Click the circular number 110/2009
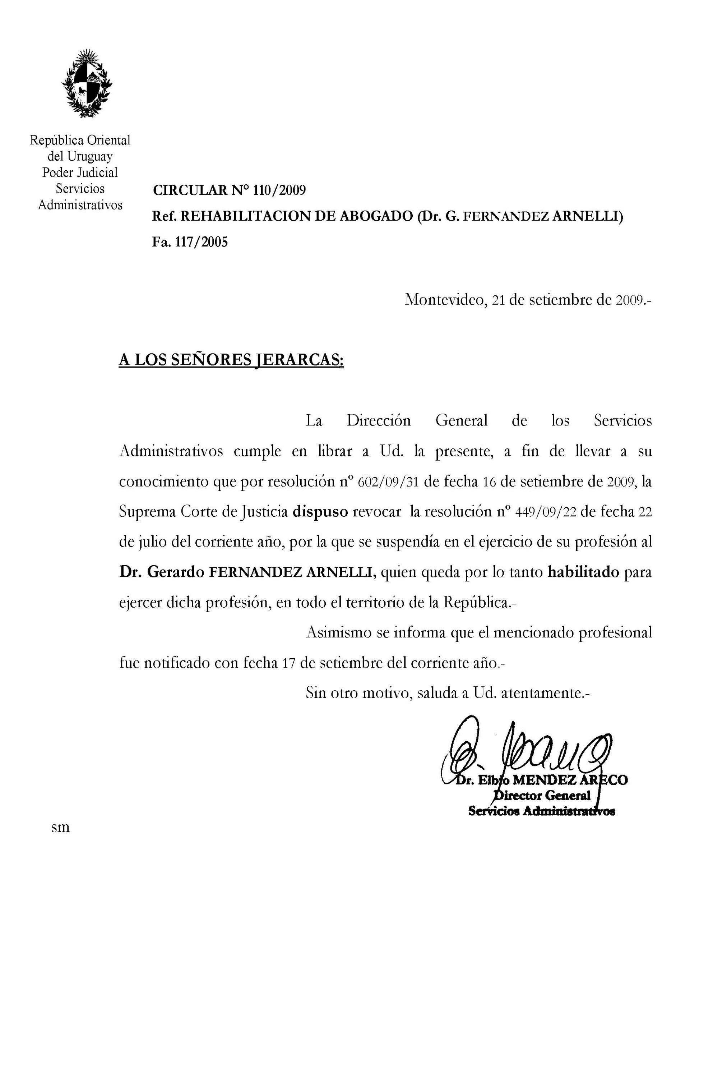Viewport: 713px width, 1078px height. (279, 190)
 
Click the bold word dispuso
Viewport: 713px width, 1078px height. (320, 512)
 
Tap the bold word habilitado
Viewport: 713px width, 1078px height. (583, 572)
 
